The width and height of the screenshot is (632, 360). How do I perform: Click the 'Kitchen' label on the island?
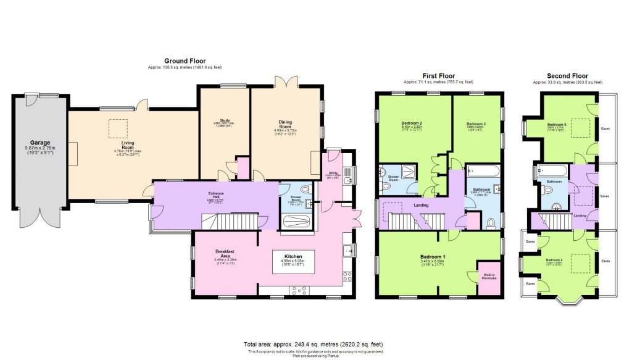(x=292, y=254)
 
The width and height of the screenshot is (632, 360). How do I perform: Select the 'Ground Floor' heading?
(x=184, y=61)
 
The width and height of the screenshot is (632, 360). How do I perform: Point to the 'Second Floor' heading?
(x=567, y=75)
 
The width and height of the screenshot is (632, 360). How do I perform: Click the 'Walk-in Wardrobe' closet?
(x=489, y=276)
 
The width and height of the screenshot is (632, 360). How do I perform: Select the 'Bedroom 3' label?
(x=476, y=124)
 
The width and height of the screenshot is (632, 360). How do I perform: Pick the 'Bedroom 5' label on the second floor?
(x=556, y=124)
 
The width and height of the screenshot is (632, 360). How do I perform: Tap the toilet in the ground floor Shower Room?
(x=307, y=190)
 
